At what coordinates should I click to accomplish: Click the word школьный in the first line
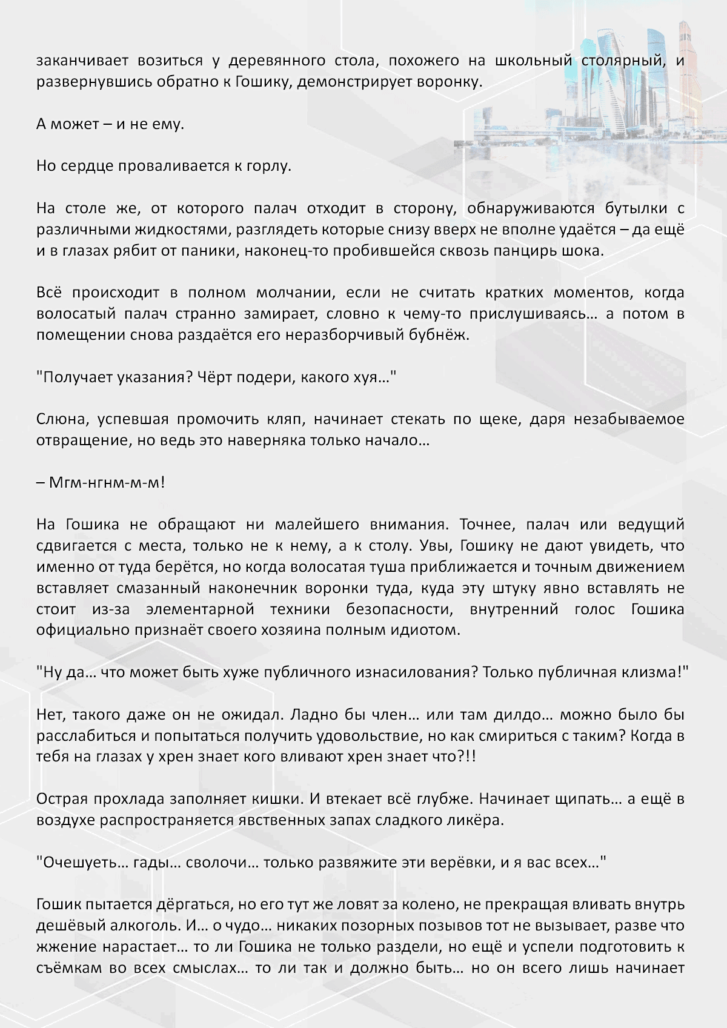pos(533,61)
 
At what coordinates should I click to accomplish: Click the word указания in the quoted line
pos(144,377)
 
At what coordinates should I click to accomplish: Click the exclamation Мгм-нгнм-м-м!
pos(101,483)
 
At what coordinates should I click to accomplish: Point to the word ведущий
pos(651,525)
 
